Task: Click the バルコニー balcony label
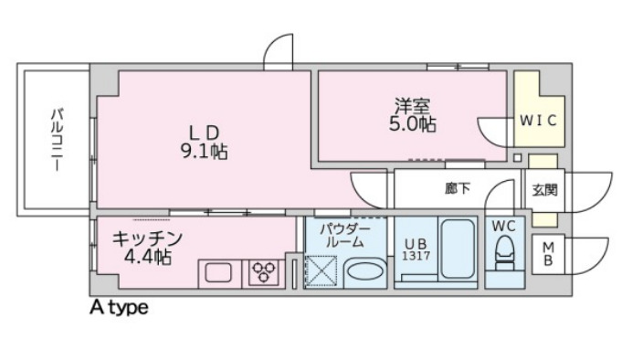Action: coord(57,140)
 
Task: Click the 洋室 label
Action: coord(412,105)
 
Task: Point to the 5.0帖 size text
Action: coord(412,124)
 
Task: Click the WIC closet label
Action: coord(538,120)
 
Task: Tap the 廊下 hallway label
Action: coord(458,189)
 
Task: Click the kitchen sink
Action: coord(218,272)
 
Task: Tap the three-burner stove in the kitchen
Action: coord(265,272)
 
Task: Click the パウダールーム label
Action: coord(344,235)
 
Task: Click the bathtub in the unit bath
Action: coord(455,250)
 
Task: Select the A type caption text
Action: coord(118,308)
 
